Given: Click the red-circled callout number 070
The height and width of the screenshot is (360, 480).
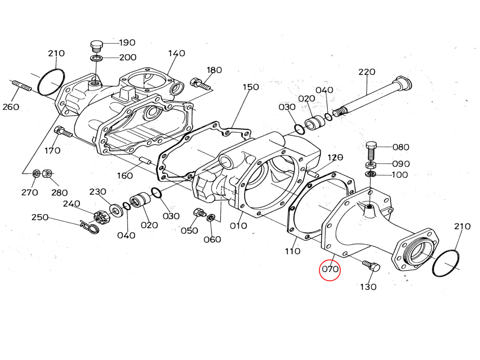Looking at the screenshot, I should (x=330, y=269).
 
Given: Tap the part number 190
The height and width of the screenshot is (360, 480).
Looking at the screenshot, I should (x=127, y=42).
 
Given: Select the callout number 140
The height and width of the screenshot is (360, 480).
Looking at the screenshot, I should (x=176, y=53).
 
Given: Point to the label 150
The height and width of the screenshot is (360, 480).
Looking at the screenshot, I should (x=250, y=87).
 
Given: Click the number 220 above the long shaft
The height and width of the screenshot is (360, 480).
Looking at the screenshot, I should (x=367, y=72).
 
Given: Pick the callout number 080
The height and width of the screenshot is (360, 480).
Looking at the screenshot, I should (x=401, y=147).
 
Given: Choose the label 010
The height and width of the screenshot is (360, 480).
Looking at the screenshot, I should (x=238, y=226).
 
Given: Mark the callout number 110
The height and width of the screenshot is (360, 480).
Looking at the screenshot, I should (x=292, y=251).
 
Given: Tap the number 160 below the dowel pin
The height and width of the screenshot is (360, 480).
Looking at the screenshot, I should (x=125, y=176).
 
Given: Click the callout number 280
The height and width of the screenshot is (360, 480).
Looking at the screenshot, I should (x=59, y=192).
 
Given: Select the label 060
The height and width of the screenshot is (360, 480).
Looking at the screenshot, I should (x=212, y=239).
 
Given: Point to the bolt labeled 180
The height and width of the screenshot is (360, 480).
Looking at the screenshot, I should (x=200, y=83).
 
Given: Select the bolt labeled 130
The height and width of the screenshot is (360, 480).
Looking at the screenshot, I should (x=372, y=266).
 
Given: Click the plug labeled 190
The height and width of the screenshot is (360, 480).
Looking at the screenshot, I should (x=96, y=46).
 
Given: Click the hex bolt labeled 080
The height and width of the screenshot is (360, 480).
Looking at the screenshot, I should (x=372, y=150).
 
